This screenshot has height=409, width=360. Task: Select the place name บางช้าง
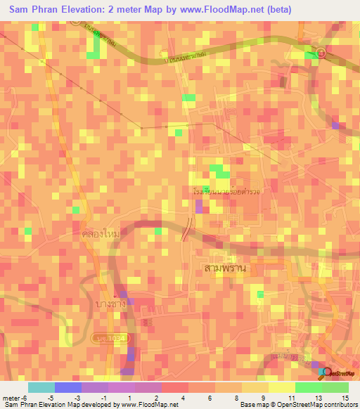click(x=114, y=304)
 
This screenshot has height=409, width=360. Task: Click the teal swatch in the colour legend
click(x=41, y=387)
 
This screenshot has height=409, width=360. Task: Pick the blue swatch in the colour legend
click(x=68, y=387)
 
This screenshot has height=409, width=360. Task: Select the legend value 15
click(x=345, y=397)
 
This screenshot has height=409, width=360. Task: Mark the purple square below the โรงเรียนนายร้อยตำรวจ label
click(x=199, y=206)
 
